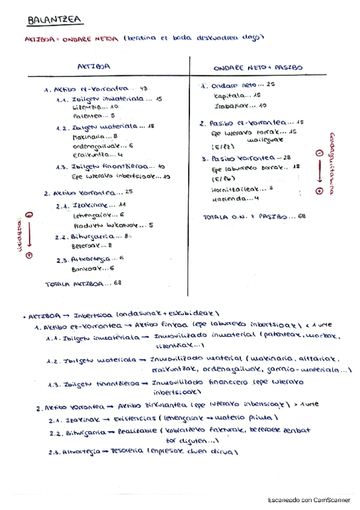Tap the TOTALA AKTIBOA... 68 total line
point(84,283)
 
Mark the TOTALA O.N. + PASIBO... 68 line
point(254,215)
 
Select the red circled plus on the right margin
point(319,191)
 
